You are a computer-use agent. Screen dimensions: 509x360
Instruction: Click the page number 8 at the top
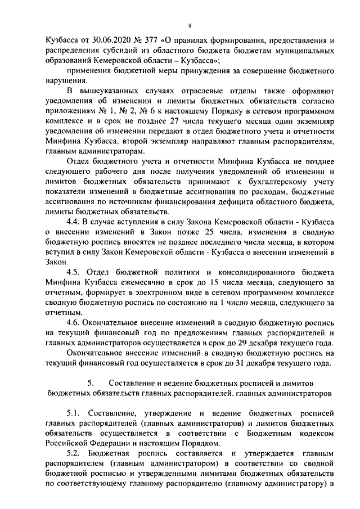click(x=190, y=25)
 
